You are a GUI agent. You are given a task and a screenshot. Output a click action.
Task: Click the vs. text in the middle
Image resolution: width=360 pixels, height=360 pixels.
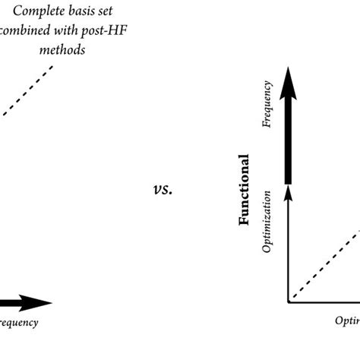click(163, 189)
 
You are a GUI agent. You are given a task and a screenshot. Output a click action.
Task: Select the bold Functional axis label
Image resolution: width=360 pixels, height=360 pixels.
click(245, 191)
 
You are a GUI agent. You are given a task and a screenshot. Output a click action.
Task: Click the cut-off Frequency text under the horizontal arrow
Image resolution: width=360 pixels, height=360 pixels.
click(19, 323)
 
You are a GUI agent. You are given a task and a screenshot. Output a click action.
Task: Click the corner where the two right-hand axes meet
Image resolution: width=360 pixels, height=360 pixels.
click(288, 302)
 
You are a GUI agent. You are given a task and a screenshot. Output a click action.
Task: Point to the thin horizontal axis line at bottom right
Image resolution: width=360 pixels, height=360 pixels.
click(327, 302)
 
